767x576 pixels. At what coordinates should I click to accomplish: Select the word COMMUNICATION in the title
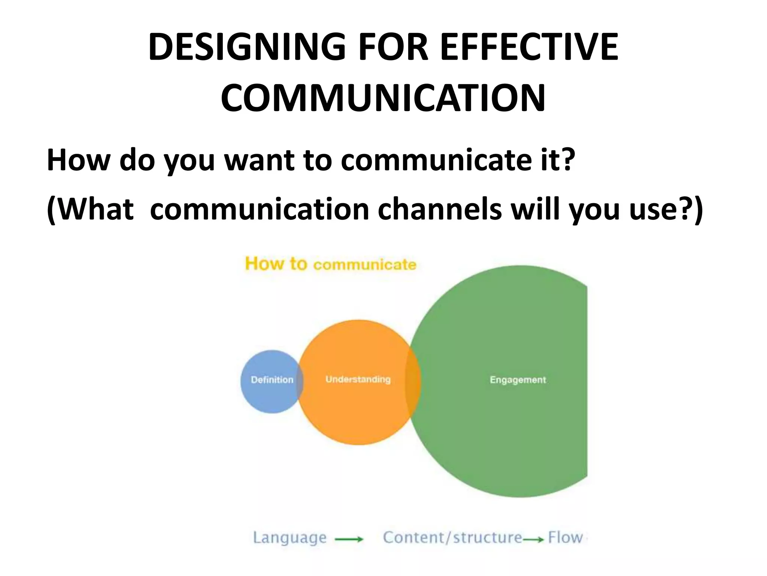(383, 98)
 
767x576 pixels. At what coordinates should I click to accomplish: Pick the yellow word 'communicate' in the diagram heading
(365, 265)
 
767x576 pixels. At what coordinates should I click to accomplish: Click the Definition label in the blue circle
(272, 380)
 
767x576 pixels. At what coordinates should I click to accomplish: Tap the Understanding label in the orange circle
(358, 379)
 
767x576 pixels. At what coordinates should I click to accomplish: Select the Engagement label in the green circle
(518, 380)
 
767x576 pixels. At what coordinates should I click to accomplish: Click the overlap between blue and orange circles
(300, 381)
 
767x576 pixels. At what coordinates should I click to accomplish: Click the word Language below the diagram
(289, 537)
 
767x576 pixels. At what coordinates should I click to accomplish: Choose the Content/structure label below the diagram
(452, 537)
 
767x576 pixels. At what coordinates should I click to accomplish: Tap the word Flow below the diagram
(565, 537)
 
